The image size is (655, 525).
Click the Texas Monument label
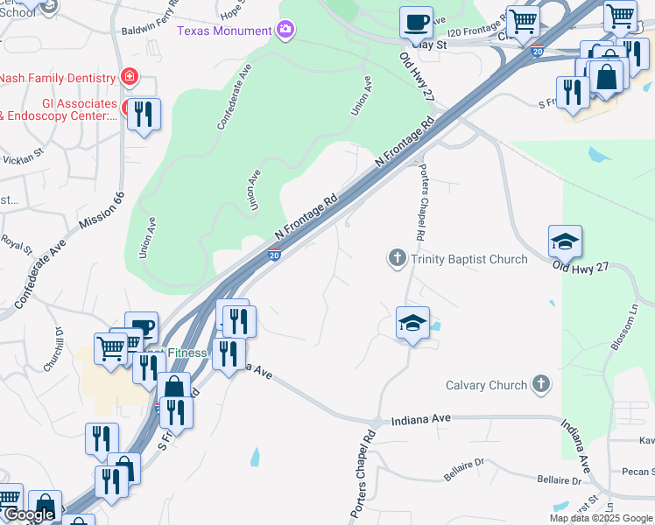tap(225, 31)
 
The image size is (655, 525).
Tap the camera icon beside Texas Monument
tap(285, 31)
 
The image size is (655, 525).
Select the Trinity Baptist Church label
tap(468, 259)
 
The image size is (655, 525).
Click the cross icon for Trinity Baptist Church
tap(397, 258)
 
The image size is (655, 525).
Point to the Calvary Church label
tap(486, 385)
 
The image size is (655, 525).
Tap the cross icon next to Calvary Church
tap(541, 384)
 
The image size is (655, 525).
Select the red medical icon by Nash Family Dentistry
tap(130, 77)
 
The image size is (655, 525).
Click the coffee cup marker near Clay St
tap(416, 22)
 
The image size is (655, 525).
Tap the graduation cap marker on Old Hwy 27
tap(565, 241)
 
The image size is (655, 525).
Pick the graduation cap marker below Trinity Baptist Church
tap(412, 323)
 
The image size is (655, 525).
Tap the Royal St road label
tap(16, 241)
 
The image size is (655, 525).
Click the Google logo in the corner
tap(29, 514)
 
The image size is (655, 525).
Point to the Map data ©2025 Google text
tap(601, 518)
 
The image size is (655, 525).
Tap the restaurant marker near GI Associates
tap(144, 115)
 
